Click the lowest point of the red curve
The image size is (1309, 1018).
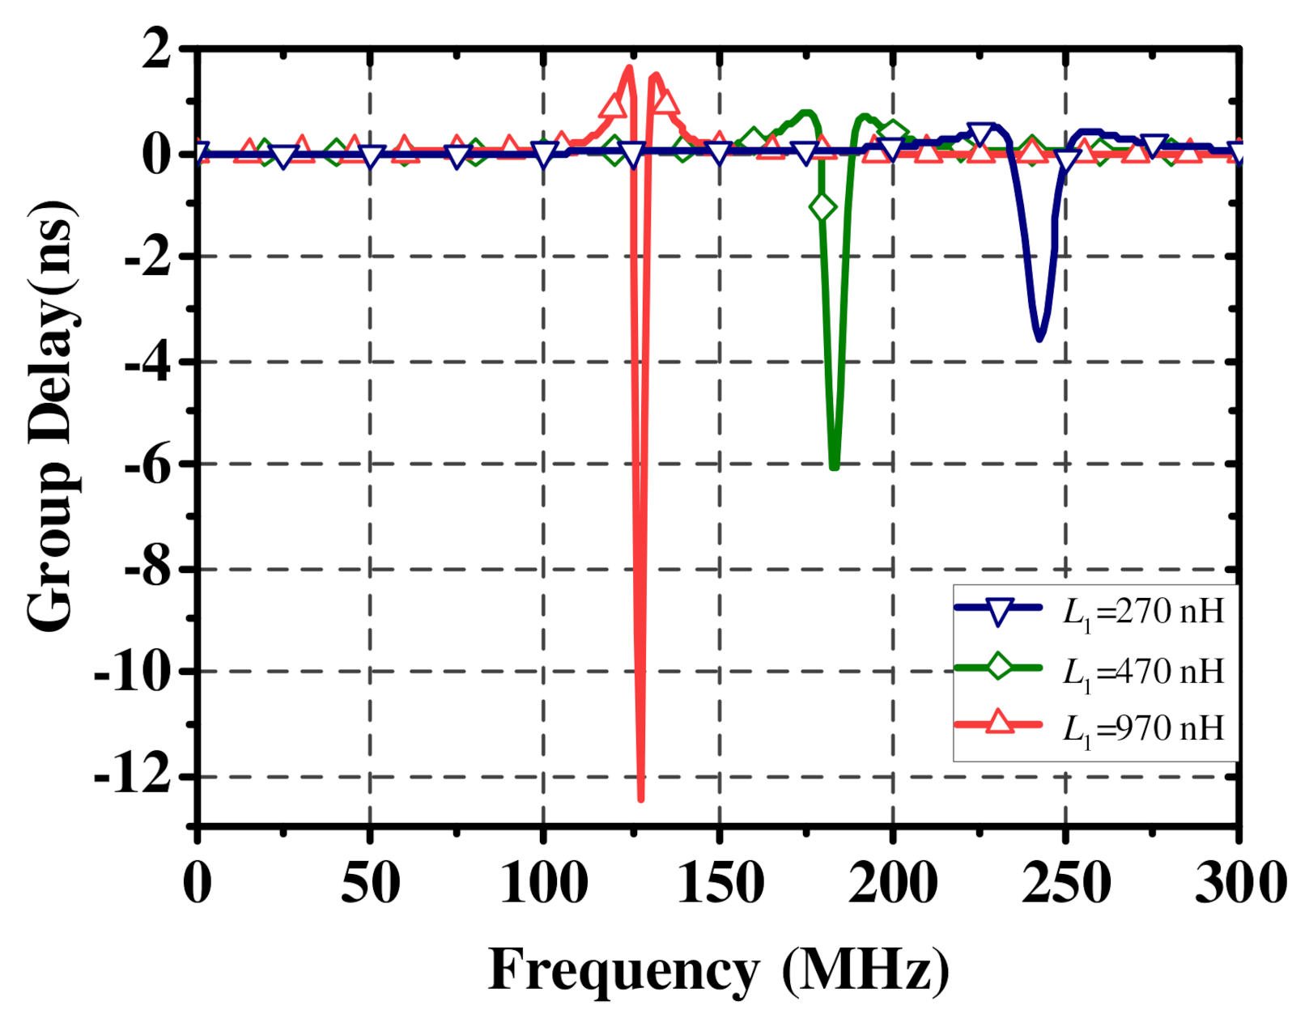[x=641, y=797]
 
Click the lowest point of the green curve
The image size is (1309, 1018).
[x=834, y=465]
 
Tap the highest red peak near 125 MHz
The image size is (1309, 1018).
[x=629, y=69]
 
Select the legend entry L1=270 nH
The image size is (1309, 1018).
[x=1142, y=612]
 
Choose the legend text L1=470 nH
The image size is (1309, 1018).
[x=1142, y=672]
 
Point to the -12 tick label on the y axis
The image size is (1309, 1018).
[x=134, y=777]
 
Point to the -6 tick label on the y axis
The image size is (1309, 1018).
[x=147, y=465]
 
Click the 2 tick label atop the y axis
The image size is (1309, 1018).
[x=156, y=50]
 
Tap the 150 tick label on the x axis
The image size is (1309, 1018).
[x=720, y=883]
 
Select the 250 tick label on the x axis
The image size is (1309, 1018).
[x=1065, y=883]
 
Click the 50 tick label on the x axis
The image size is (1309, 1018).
[x=370, y=883]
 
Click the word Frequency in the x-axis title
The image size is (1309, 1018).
[x=623, y=969]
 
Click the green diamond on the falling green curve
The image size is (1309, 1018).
[x=822, y=208]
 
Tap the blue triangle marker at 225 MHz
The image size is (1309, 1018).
[x=981, y=136]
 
